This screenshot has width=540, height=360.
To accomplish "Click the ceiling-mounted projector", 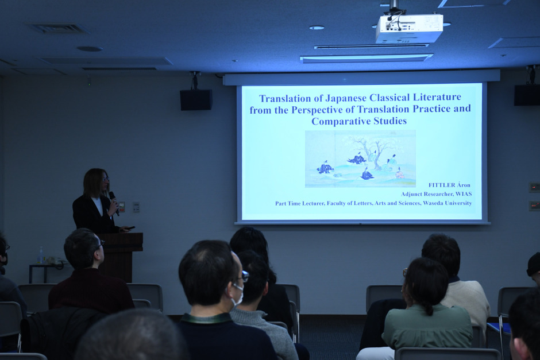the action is [x=409, y=28].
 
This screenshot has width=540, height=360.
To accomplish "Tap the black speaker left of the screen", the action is [x=196, y=100].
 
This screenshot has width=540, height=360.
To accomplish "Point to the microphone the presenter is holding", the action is [x=114, y=203].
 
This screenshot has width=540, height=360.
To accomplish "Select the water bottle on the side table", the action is [x=41, y=255].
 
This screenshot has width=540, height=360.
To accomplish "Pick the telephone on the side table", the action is [x=56, y=261].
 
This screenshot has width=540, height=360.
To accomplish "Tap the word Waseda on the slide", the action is [x=433, y=203].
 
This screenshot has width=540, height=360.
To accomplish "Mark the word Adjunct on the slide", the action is [x=411, y=194].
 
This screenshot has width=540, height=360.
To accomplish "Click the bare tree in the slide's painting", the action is [x=371, y=151].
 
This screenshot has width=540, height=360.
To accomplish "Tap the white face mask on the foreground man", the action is [x=238, y=295].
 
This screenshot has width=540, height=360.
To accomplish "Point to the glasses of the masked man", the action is [x=244, y=276].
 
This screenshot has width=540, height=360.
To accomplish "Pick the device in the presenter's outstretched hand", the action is [x=130, y=227].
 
